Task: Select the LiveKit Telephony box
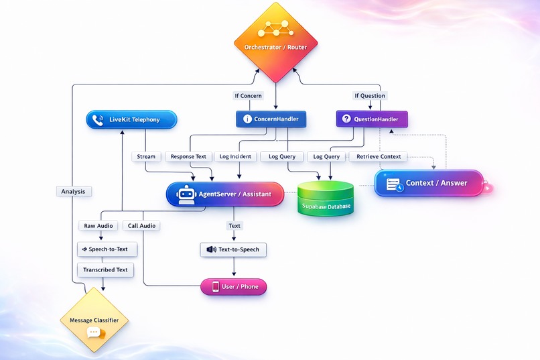click(x=131, y=119)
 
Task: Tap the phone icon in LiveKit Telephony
click(x=99, y=120)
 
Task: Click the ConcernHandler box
click(x=271, y=119)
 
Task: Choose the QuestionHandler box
click(x=371, y=119)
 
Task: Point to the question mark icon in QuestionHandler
click(x=346, y=119)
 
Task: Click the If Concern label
click(x=248, y=96)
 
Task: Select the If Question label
click(x=369, y=96)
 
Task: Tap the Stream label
click(x=146, y=156)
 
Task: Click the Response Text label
click(x=188, y=156)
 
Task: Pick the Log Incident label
click(x=235, y=156)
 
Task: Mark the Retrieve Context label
click(x=379, y=156)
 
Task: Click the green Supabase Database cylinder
click(x=324, y=198)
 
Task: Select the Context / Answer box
click(x=429, y=182)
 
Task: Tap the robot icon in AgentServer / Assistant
click(x=186, y=194)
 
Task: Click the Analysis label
click(x=73, y=191)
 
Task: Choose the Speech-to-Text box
click(x=107, y=249)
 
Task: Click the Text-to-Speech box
click(x=233, y=249)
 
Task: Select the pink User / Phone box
click(x=234, y=287)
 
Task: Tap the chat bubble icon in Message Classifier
click(x=94, y=333)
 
